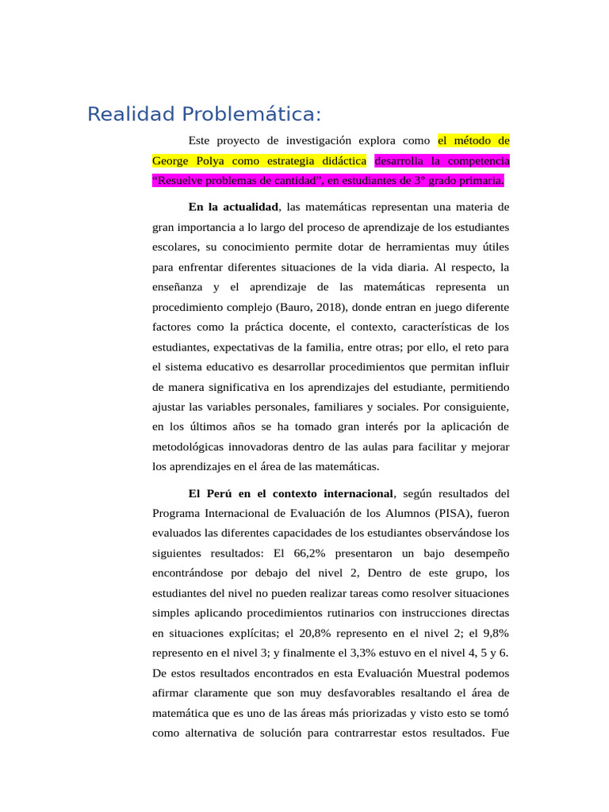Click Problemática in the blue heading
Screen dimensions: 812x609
251,114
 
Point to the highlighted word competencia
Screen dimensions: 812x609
475,161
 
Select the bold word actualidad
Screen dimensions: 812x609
246,207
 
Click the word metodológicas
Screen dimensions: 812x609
190,446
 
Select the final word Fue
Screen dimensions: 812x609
500,733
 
